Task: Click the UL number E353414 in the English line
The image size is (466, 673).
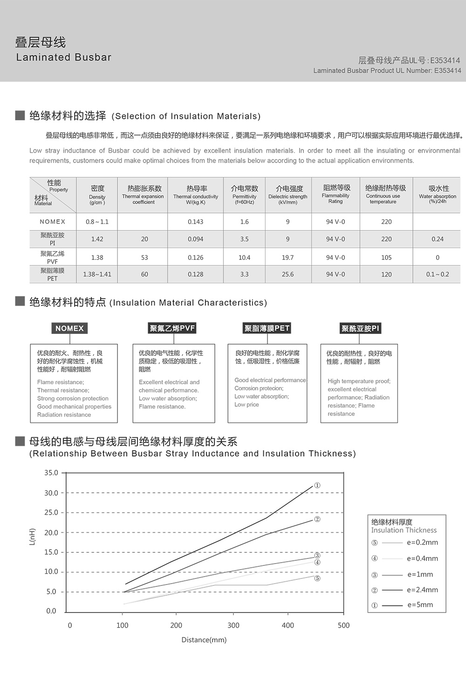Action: [x=447, y=71]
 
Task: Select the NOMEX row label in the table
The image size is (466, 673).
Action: [x=53, y=222]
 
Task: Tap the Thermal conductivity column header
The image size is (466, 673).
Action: [x=196, y=194]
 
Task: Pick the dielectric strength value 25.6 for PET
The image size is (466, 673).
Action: [x=288, y=274]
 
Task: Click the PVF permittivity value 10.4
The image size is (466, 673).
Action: [x=244, y=258]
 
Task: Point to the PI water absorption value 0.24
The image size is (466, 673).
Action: [x=437, y=239]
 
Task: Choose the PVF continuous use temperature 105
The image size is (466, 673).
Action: [x=386, y=258]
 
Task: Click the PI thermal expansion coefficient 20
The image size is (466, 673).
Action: [x=144, y=239]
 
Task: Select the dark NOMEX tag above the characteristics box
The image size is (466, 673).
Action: [x=69, y=328]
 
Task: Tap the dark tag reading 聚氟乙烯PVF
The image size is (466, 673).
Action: [x=172, y=328]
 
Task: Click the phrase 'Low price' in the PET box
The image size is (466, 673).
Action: [x=247, y=405]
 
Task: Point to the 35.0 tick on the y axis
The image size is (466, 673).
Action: [x=51, y=473]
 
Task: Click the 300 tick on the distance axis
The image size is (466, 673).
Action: [x=233, y=625]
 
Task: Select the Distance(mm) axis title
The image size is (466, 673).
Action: [x=204, y=640]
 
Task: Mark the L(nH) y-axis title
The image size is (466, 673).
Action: [x=32, y=537]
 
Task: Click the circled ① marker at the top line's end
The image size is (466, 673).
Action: [x=317, y=485]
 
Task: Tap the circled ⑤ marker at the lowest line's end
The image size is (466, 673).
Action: [x=317, y=578]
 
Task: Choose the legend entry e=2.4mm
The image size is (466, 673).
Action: [x=422, y=590]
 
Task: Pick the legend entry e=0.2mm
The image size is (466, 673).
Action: [x=422, y=543]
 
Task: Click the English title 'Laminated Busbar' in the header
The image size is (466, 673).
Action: [x=64, y=57]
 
